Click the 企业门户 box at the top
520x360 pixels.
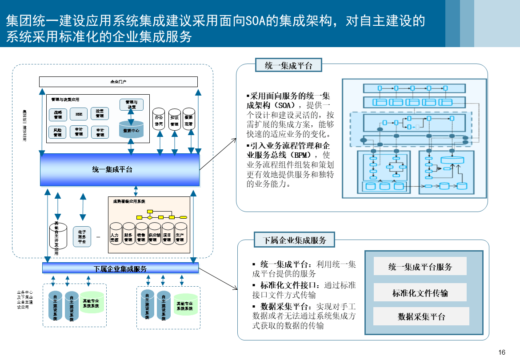pos(118,82)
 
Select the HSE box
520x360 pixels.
pos(79,114)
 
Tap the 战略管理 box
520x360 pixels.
pos(58,114)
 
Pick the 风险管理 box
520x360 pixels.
pos(58,132)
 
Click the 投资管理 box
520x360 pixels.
pos(100,113)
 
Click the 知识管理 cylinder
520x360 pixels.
pos(174,119)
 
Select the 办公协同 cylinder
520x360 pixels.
pos(159,119)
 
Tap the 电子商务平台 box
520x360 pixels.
pos(82,237)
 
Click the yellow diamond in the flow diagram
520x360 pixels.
pos(150,217)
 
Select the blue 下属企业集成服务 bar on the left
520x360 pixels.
pos(120,268)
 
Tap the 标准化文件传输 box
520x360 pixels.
pos(420,293)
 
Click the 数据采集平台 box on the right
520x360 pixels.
pos(421,316)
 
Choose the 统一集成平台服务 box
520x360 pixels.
pos(420,267)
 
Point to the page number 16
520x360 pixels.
pos(502,352)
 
